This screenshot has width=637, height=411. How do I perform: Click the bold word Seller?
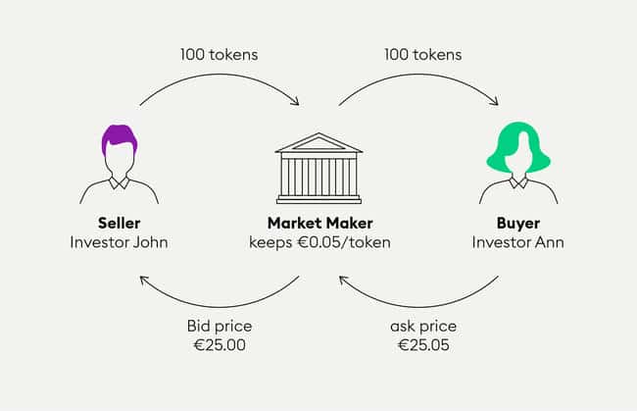pyautogui.click(x=119, y=223)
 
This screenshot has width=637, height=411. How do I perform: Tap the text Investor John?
pyautogui.click(x=119, y=242)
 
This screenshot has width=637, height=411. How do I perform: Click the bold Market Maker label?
pyautogui.click(x=320, y=223)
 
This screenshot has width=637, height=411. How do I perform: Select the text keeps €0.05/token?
pyautogui.click(x=320, y=242)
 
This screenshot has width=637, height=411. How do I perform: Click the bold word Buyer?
pyautogui.click(x=518, y=224)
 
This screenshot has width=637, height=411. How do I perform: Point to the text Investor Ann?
pyautogui.click(x=518, y=242)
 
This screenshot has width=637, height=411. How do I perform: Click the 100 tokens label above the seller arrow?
pyautogui.click(x=219, y=55)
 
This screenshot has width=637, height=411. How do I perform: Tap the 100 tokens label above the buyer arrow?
pyautogui.click(x=423, y=55)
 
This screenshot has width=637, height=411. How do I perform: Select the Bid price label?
pyautogui.click(x=220, y=326)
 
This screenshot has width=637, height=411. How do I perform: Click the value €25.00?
pyautogui.click(x=220, y=345)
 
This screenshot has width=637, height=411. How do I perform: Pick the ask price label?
pyautogui.click(x=423, y=327)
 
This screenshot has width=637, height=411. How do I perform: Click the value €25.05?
pyautogui.click(x=423, y=345)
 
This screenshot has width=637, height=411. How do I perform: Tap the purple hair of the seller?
pyautogui.click(x=119, y=137)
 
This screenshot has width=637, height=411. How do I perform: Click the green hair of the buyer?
pyautogui.click(x=518, y=146)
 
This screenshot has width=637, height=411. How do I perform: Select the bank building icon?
pyautogui.click(x=318, y=168)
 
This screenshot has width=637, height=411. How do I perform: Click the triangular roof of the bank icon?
pyautogui.click(x=318, y=142)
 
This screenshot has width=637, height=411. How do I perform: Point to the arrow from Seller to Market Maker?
pyautogui.click(x=220, y=75)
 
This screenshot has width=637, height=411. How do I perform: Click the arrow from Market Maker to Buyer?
pyautogui.click(x=419, y=75)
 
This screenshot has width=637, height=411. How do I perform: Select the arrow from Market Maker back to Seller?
pyautogui.click(x=220, y=306)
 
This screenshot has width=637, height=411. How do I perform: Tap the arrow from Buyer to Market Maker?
pyautogui.click(x=419, y=306)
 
